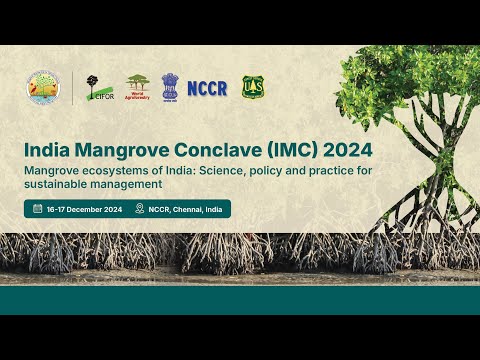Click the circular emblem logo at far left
(44, 88)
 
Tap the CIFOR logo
(99, 88)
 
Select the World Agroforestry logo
(137, 87)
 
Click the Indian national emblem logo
(170, 87)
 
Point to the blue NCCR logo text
(207, 88)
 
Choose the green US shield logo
(252, 87)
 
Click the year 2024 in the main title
(348, 150)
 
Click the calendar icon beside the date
(37, 209)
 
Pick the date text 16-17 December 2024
(84, 209)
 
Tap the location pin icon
(140, 209)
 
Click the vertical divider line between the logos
(72, 88)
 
